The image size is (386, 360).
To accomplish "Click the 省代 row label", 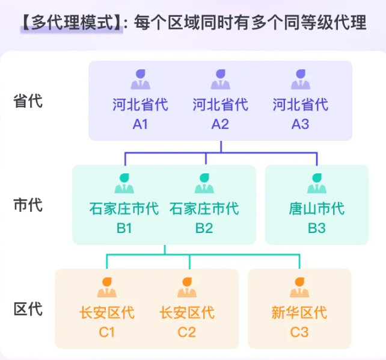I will (28, 101).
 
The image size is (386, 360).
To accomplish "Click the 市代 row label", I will (28, 205).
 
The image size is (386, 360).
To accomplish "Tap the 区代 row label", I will (28, 309).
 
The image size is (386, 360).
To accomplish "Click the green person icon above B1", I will (124, 184).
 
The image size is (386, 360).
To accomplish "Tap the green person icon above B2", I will (204, 184).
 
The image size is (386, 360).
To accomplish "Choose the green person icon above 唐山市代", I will (316, 184).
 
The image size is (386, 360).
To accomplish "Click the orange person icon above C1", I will (107, 288).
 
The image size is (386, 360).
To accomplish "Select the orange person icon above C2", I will (186, 288).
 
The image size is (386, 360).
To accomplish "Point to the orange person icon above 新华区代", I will (299, 288).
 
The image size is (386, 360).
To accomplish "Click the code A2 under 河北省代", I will (220, 124).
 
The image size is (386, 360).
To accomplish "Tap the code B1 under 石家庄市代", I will (124, 228).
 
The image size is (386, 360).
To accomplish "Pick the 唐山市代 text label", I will (316, 209).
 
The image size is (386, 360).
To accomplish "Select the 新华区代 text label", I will (299, 313).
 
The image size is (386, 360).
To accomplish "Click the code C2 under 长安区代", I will (186, 332).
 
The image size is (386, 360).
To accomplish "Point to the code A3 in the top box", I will (300, 124).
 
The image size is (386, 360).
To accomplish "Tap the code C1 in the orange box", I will (107, 332).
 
